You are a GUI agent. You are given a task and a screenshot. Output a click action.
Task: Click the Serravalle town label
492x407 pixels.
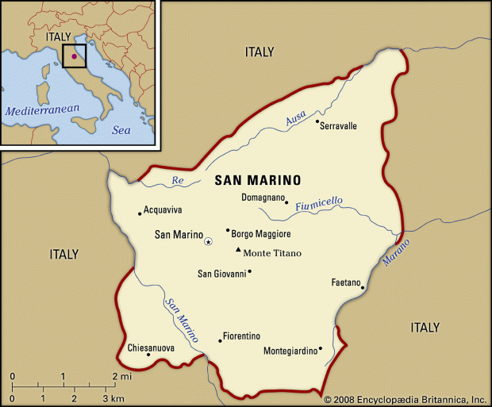click(x=338, y=126)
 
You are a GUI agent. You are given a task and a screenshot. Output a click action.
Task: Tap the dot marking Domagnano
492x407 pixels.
click(x=286, y=202)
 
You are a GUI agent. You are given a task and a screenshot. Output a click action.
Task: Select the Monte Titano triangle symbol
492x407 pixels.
click(x=237, y=251)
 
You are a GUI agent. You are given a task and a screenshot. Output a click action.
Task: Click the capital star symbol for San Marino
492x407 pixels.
click(x=208, y=241)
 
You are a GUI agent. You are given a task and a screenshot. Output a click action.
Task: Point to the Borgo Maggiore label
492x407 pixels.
click(x=261, y=234)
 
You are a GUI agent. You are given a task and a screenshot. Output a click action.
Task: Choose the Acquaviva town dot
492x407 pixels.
click(x=140, y=213)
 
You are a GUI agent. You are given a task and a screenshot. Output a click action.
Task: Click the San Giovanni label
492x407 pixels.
click(x=221, y=274)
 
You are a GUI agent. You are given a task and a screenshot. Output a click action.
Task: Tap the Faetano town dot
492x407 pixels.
click(x=363, y=288)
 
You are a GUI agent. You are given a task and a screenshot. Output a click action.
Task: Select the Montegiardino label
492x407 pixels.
click(x=290, y=350)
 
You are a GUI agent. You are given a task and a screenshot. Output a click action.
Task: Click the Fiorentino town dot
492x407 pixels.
click(x=220, y=341)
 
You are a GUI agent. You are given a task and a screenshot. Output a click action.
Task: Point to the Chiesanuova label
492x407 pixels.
click(x=152, y=347)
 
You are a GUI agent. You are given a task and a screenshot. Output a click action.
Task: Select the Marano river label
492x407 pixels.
click(x=396, y=254)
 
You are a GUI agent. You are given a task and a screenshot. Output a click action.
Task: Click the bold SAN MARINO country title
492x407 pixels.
click(x=258, y=180)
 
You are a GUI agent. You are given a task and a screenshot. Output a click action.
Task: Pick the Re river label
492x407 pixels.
click(x=178, y=181)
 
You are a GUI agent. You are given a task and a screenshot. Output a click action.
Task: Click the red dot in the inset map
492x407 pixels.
click(x=74, y=56)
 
